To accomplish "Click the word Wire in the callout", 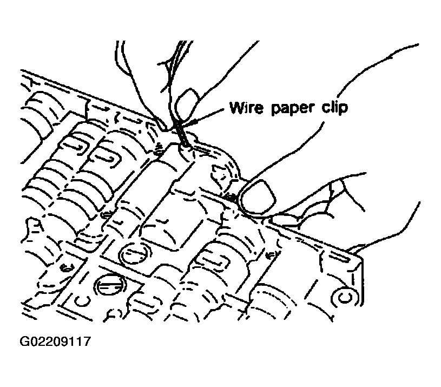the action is [x=246, y=107].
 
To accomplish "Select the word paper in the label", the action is [x=293, y=109].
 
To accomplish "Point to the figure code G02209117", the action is [x=55, y=342].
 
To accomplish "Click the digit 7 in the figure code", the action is [x=87, y=342].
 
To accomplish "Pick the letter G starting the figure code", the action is [x=24, y=342].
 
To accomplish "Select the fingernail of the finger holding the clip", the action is [x=187, y=104].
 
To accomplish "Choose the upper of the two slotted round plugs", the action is [x=134, y=253].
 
